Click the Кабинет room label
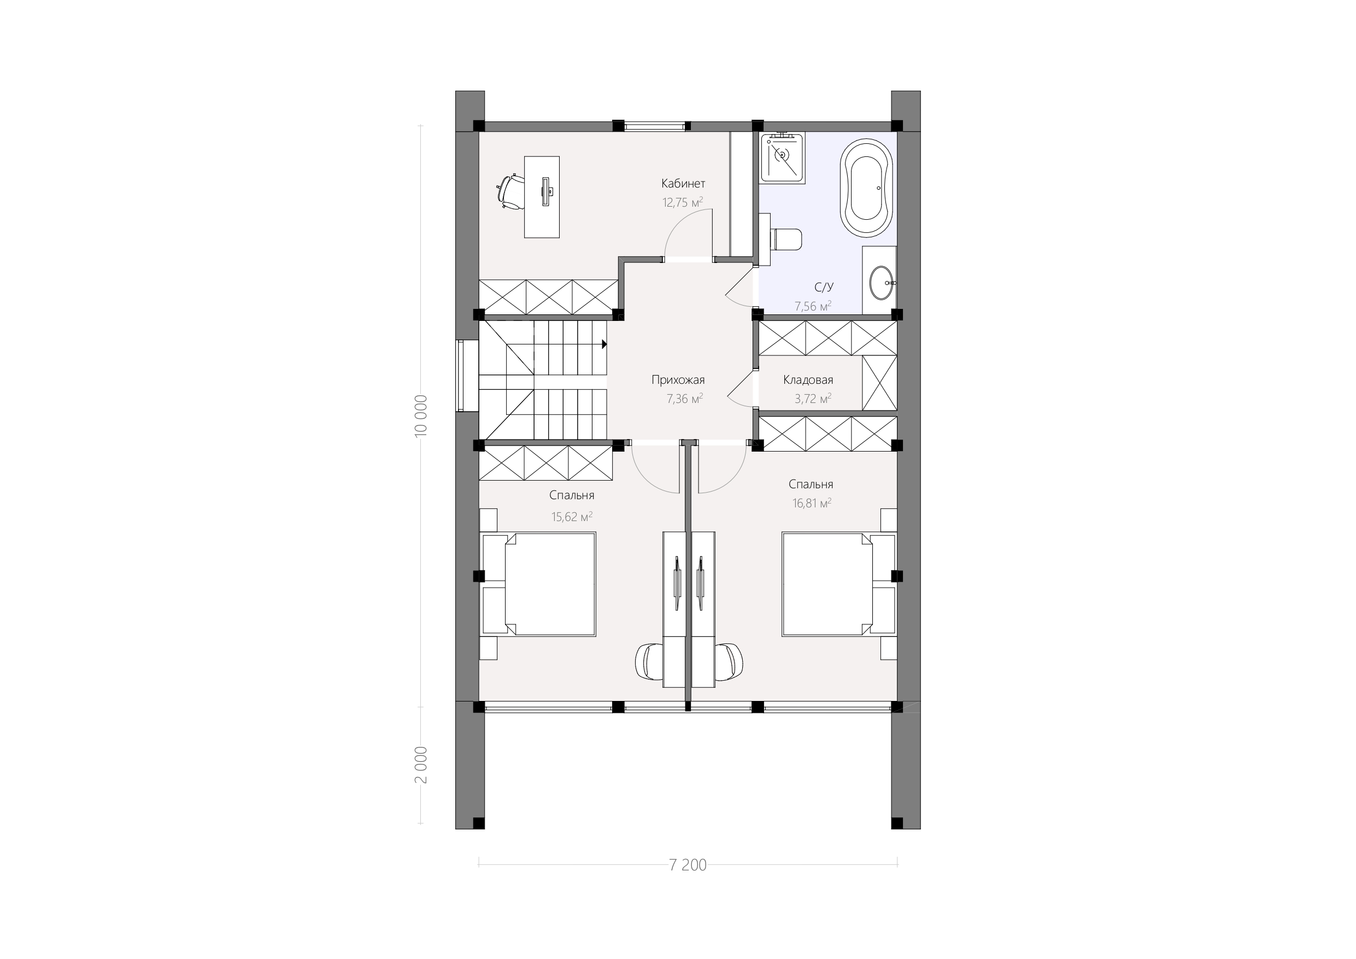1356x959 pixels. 683,184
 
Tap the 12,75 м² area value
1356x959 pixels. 683,203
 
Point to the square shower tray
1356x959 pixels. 783,157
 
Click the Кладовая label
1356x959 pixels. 808,380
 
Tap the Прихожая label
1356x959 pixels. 678,380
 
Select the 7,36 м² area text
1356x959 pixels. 684,399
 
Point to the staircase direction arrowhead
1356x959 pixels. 604,344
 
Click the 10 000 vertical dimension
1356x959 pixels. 420,416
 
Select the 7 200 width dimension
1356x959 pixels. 688,865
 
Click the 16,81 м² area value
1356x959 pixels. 812,504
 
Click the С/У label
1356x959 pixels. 823,288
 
